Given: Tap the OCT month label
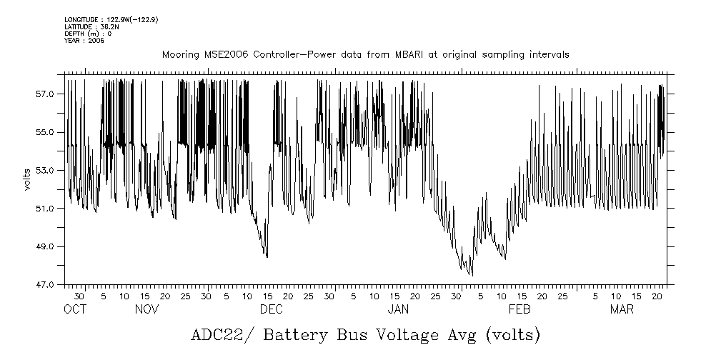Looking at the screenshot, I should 75,309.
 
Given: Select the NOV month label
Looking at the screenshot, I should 146,309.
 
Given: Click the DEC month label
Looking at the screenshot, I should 271,309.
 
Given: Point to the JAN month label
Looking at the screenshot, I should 398,309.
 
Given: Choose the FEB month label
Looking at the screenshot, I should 519,309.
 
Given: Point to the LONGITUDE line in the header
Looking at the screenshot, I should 111,20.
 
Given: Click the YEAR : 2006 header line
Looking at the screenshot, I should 84,41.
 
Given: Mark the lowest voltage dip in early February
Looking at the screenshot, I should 472,275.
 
